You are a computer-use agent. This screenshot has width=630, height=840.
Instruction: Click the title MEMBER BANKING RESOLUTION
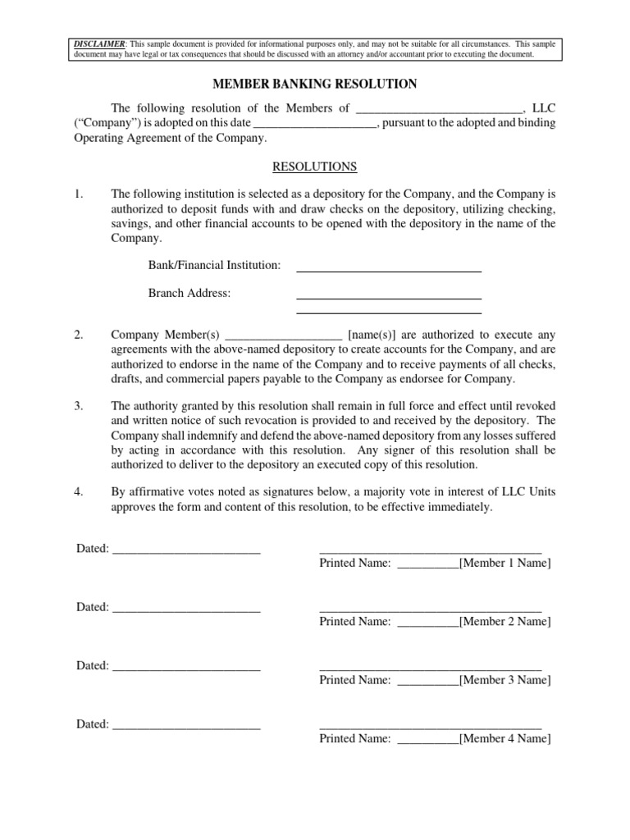point(315,84)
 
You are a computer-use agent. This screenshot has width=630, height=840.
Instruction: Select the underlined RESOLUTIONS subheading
point(315,167)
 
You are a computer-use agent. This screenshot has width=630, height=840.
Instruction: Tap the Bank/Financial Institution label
point(214,265)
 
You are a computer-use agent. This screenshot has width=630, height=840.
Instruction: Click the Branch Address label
point(189,294)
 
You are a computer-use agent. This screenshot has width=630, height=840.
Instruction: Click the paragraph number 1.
point(79,194)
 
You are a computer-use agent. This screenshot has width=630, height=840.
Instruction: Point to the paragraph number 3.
point(79,405)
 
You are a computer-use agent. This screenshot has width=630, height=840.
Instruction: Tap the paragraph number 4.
point(79,492)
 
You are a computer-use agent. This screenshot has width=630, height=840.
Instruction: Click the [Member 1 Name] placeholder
point(505,563)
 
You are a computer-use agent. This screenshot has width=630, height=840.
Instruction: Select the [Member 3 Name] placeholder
point(505,680)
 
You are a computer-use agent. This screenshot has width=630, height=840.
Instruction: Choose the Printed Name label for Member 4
point(355,738)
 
